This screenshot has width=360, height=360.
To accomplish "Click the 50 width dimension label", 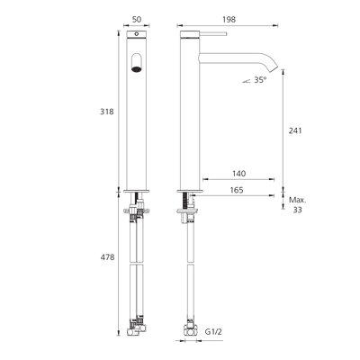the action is tap(137, 20).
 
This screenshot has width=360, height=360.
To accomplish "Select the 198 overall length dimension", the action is tap(229, 20).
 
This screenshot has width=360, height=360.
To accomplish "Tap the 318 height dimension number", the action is tap(107, 112).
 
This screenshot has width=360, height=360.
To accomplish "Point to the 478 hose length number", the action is tap(107, 257).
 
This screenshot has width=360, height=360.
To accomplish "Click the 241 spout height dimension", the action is tap(295, 130).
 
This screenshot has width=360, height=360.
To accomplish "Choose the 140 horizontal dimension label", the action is tap(238, 174).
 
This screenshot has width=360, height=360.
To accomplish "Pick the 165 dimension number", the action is tap(237, 190).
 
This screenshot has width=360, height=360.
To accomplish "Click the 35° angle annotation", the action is tap(260, 80).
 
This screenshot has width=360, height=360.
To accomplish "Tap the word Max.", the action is tap(298, 200).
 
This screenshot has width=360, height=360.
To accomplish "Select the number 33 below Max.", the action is tap(297, 210).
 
